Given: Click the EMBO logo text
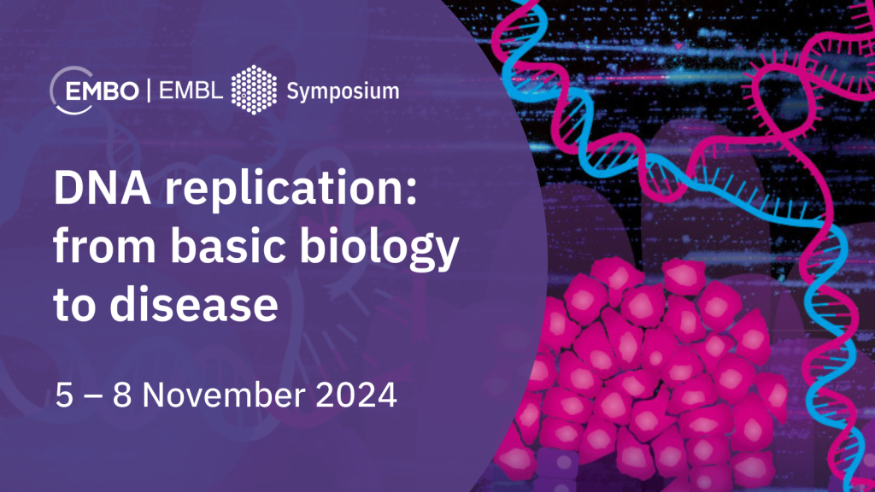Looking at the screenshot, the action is [x=103, y=91].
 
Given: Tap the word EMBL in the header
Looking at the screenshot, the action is [x=191, y=91].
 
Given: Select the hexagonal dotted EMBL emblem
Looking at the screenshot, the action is [x=254, y=90].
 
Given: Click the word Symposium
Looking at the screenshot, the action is [x=343, y=91].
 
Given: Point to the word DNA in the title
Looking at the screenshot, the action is [x=103, y=188].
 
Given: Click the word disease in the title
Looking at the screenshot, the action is [x=194, y=304].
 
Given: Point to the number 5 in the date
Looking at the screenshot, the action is [x=64, y=395].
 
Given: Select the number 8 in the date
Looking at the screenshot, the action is [x=121, y=395].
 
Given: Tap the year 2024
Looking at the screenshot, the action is [x=356, y=395].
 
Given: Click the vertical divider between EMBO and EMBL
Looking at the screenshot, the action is [x=149, y=91].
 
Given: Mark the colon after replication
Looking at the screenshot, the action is [x=411, y=191].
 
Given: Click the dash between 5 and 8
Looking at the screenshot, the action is [x=93, y=396].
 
